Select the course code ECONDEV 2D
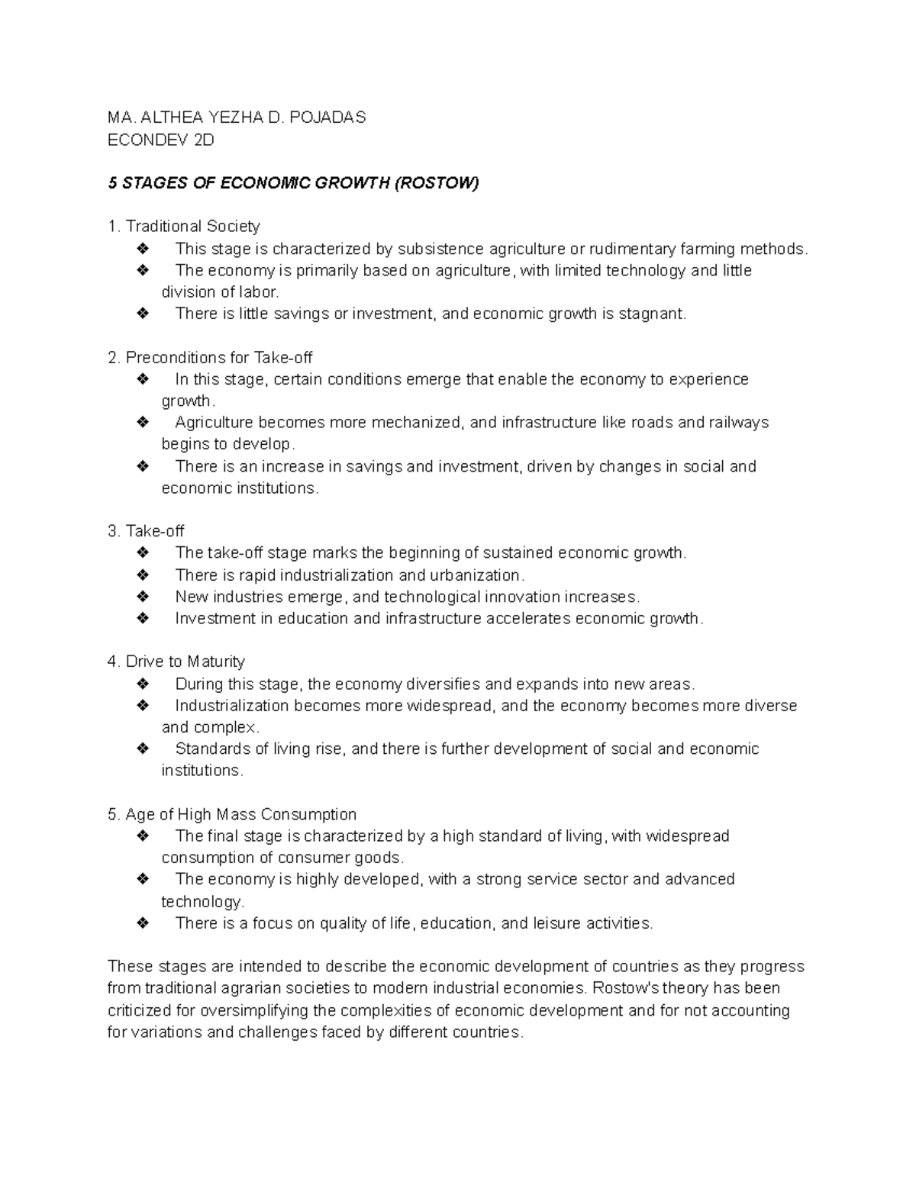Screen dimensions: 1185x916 coord(161,140)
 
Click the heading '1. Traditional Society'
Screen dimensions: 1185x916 coord(184,227)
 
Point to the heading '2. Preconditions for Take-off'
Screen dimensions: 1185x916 coord(210,358)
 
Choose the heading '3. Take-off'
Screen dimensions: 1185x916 coord(146,531)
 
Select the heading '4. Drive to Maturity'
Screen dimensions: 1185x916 coord(176,662)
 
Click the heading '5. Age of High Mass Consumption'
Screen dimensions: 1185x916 coord(232,815)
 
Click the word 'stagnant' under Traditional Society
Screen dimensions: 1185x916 coord(651,314)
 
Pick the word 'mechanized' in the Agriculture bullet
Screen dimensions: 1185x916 coord(417,423)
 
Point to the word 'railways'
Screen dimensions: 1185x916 coord(738,423)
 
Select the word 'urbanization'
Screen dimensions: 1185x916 coord(477,575)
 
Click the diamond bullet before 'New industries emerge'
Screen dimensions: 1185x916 coord(142,597)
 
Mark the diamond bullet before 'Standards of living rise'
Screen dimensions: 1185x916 coord(142,749)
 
